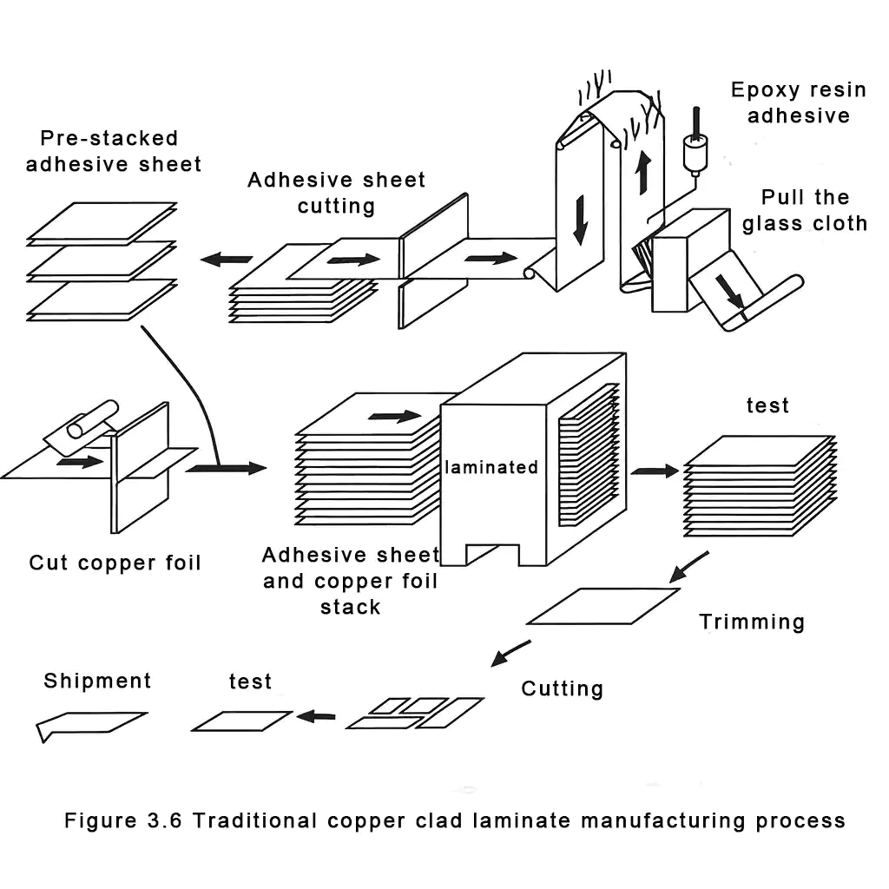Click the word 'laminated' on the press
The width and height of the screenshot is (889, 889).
click(x=491, y=467)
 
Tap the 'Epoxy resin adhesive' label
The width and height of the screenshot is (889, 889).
click(x=798, y=102)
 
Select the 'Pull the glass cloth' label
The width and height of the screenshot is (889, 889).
click(x=804, y=210)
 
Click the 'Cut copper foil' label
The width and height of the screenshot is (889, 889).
click(x=115, y=563)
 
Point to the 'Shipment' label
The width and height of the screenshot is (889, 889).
click(x=97, y=681)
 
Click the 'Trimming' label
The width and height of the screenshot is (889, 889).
click(x=752, y=622)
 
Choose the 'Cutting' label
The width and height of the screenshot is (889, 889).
click(x=562, y=688)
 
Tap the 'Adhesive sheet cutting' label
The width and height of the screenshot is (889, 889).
click(x=336, y=193)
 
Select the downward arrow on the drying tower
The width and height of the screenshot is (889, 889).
click(x=581, y=222)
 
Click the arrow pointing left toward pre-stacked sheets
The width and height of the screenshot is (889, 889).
click(x=226, y=259)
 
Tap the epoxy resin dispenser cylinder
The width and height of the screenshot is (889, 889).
click(x=692, y=155)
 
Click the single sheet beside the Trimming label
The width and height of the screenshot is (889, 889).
click(x=603, y=606)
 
